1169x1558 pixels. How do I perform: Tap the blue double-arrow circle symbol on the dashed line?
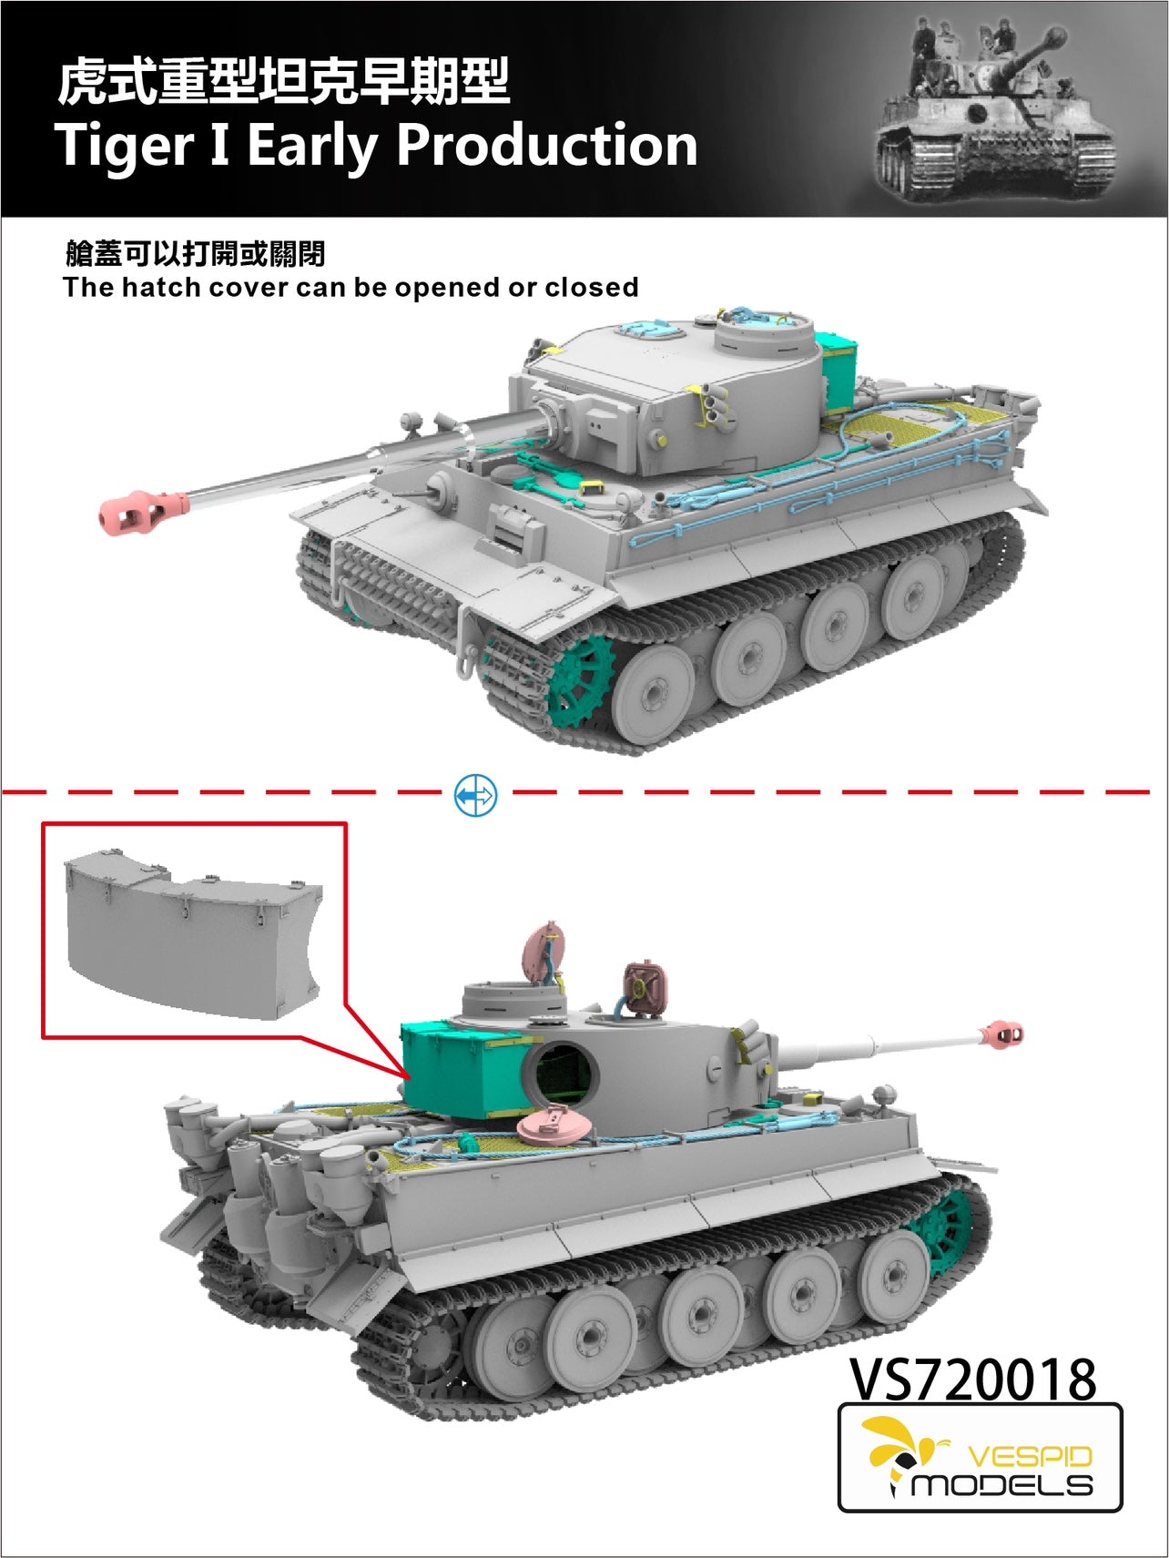pos(475,795)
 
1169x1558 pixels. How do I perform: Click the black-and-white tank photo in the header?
pos(995,108)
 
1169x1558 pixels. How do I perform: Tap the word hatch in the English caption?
pos(160,288)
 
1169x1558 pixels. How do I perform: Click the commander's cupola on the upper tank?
pos(763,335)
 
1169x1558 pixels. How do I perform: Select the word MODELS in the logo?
pos(1001,1485)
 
